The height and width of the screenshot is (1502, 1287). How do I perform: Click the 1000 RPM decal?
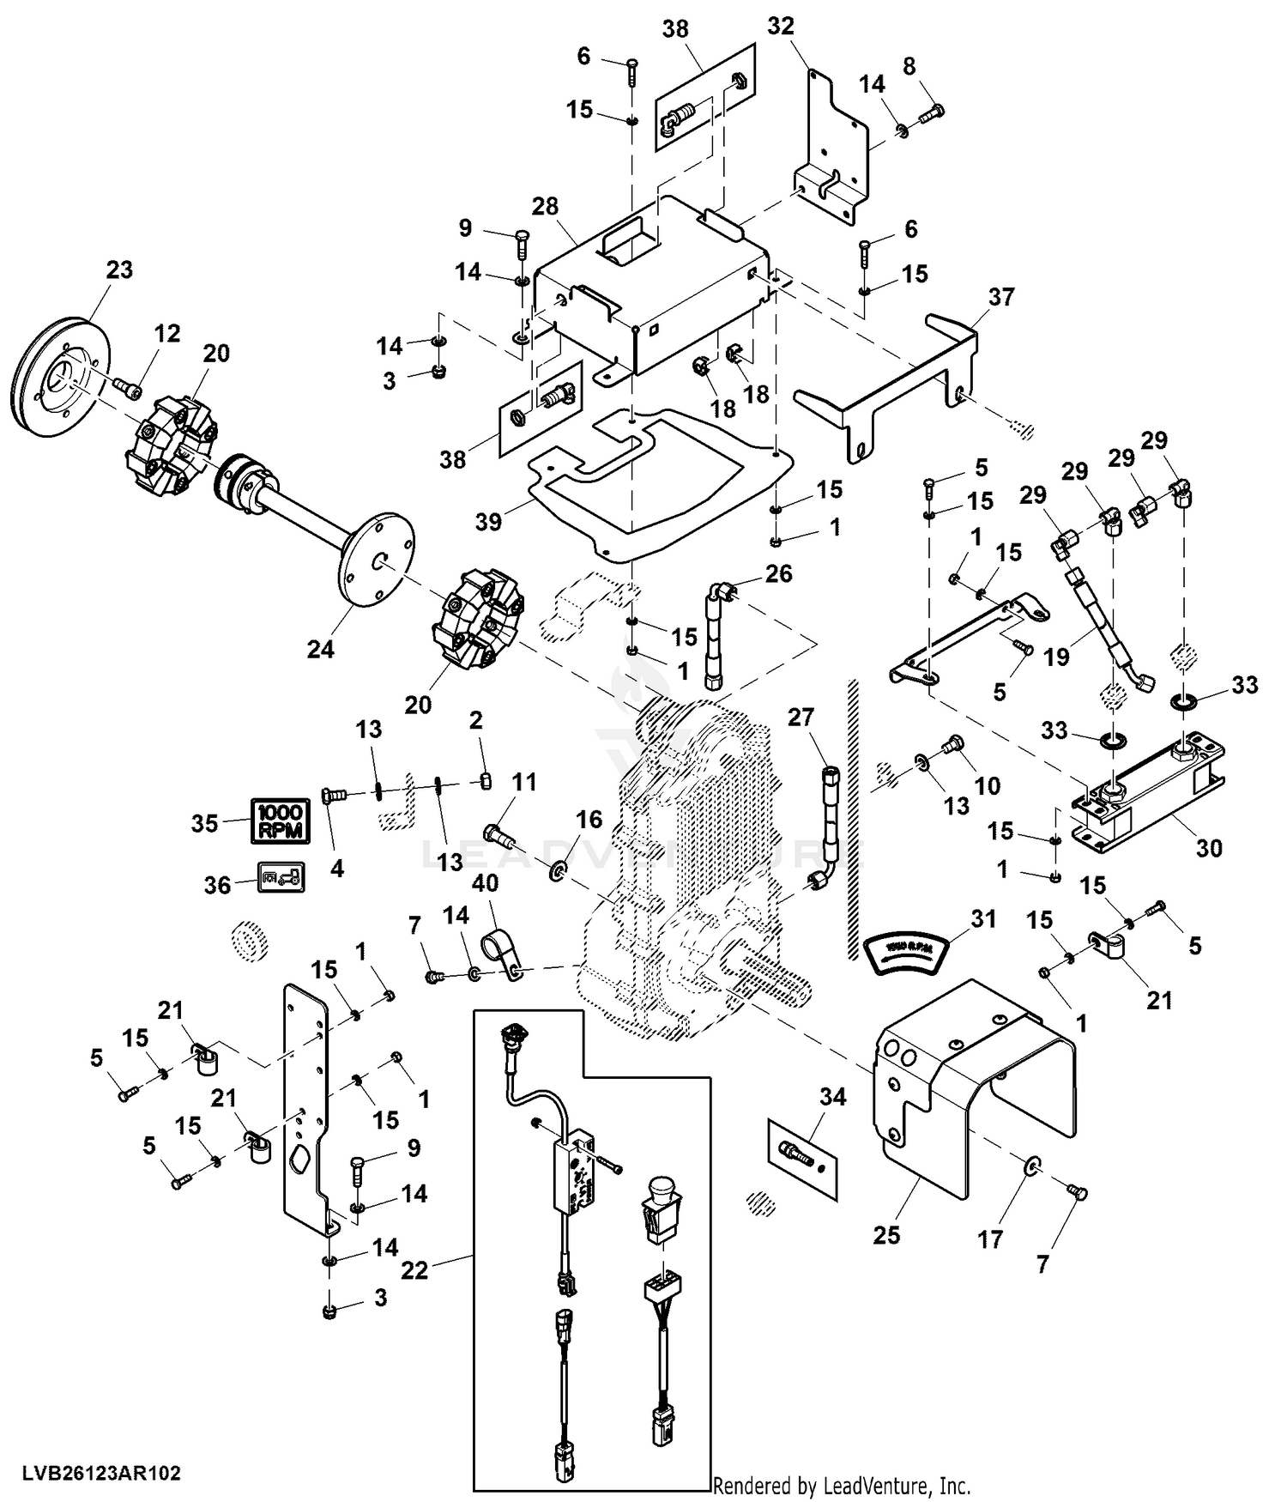click(x=280, y=820)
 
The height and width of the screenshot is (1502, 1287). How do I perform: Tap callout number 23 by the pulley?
click(x=119, y=270)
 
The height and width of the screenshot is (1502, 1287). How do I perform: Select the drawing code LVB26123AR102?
click(x=102, y=1474)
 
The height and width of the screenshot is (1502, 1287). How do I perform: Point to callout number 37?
click(x=1001, y=297)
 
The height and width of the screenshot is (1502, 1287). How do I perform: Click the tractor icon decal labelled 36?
click(x=281, y=878)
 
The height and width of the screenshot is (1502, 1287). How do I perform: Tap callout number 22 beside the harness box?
click(x=414, y=1269)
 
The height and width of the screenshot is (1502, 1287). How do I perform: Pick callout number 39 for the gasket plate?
click(x=488, y=521)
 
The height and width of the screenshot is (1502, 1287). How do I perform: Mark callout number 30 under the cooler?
click(x=1209, y=848)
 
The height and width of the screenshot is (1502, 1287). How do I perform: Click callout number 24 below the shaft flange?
click(x=320, y=650)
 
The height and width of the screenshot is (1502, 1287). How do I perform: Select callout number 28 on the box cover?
click(x=545, y=207)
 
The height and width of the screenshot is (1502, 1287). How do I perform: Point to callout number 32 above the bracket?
click(x=781, y=27)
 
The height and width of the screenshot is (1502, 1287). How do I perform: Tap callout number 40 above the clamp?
click(x=485, y=884)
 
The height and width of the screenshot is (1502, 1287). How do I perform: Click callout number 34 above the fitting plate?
click(x=832, y=1096)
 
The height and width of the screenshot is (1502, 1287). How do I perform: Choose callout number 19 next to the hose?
click(x=1056, y=657)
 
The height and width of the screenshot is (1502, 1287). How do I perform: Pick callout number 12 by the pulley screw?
click(x=167, y=333)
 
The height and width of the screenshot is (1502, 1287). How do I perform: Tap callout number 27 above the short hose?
click(x=801, y=717)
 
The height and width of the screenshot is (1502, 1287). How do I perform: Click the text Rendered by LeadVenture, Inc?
click(x=842, y=1486)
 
